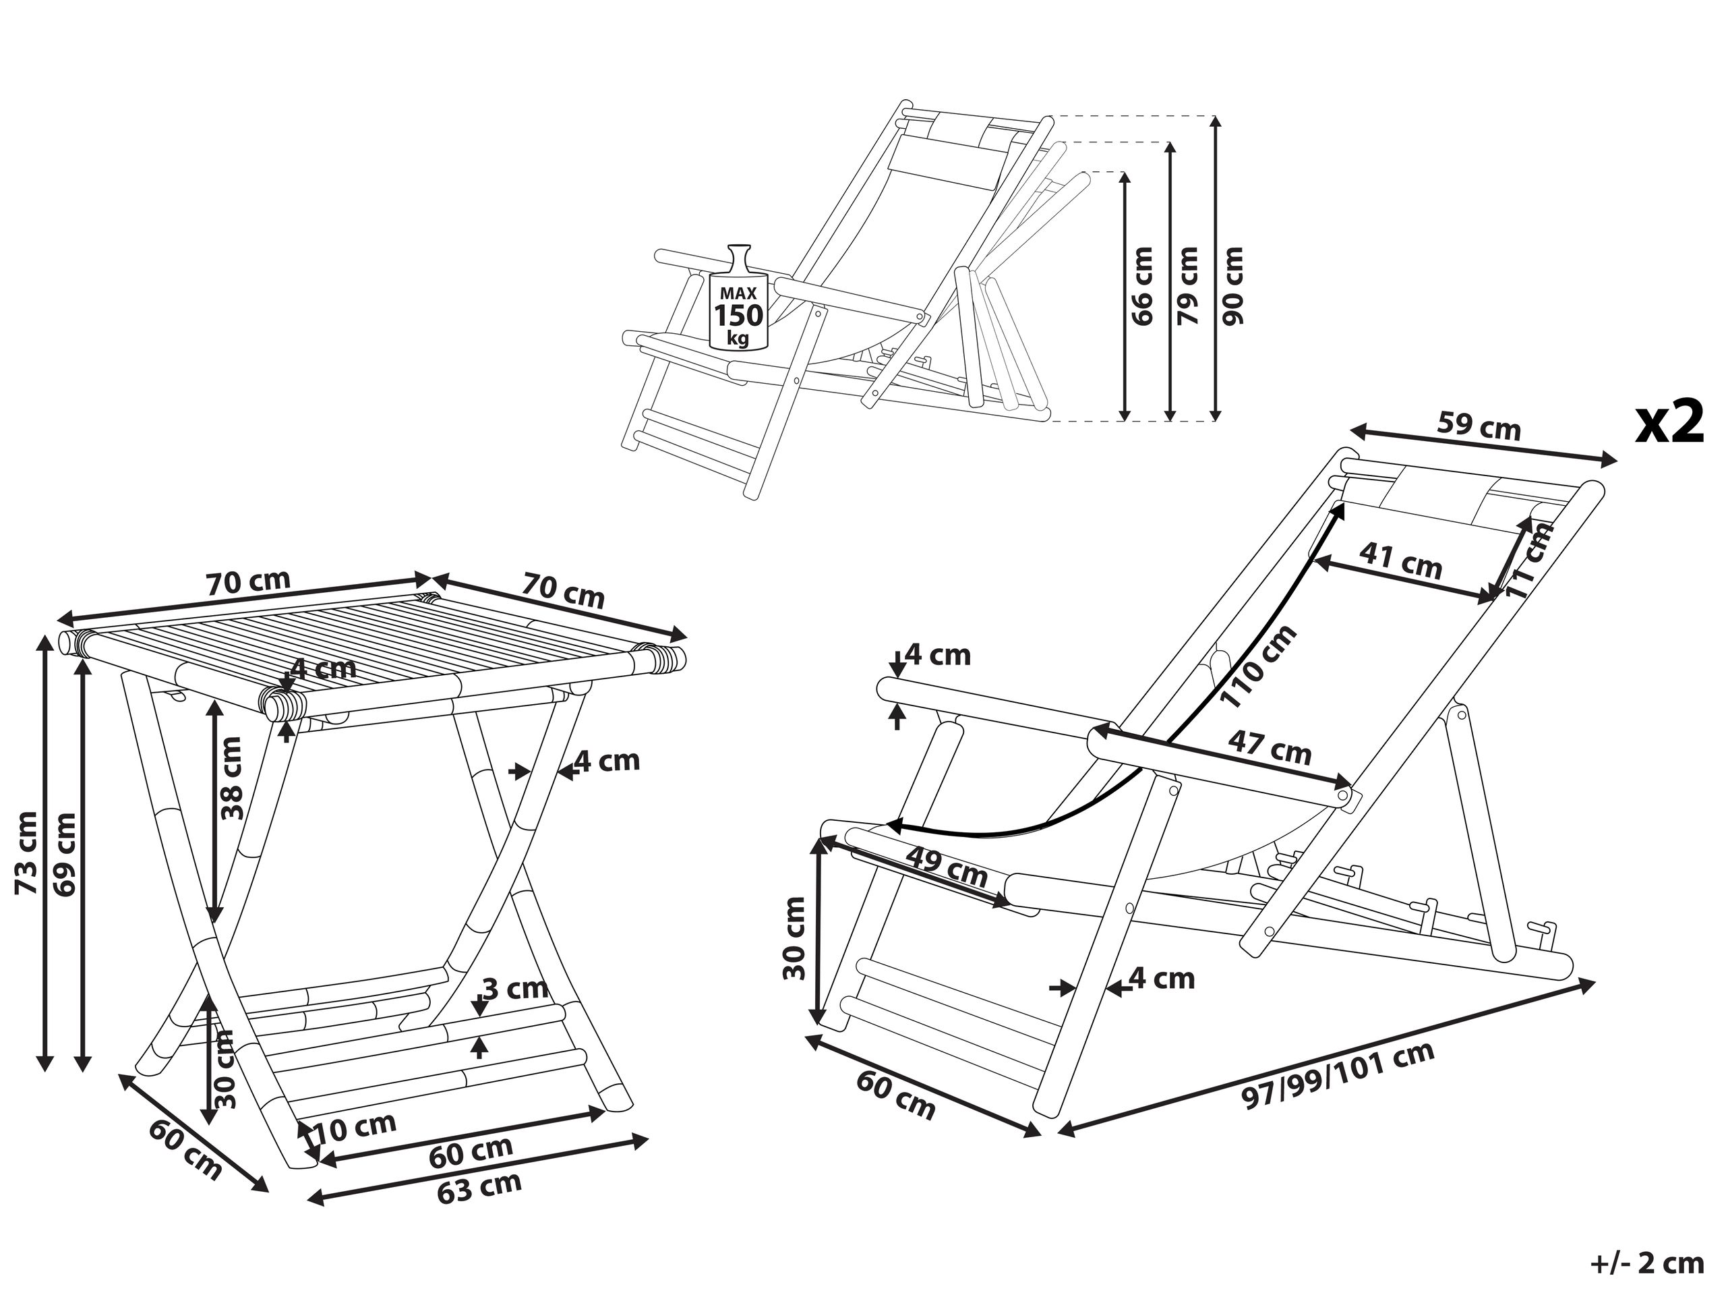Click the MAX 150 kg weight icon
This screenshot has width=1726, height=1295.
pos(738,299)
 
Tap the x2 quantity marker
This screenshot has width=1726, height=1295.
pos(1670,423)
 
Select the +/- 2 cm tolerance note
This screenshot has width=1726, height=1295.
pos(1646,1264)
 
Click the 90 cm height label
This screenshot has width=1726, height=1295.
pos(1234,285)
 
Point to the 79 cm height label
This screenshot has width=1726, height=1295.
pos(1187,287)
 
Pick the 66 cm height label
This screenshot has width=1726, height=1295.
pos(1141,287)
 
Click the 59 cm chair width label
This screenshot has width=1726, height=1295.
pos(1479,426)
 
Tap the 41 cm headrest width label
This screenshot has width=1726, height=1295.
pos(1400,560)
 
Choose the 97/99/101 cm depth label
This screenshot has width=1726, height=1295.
pos(1338,1076)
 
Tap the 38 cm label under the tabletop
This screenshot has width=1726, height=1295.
pos(232,778)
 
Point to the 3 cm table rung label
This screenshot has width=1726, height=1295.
pos(516,989)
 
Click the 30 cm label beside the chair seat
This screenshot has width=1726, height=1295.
pos(794,937)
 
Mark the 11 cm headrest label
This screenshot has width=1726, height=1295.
pos(1529,560)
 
